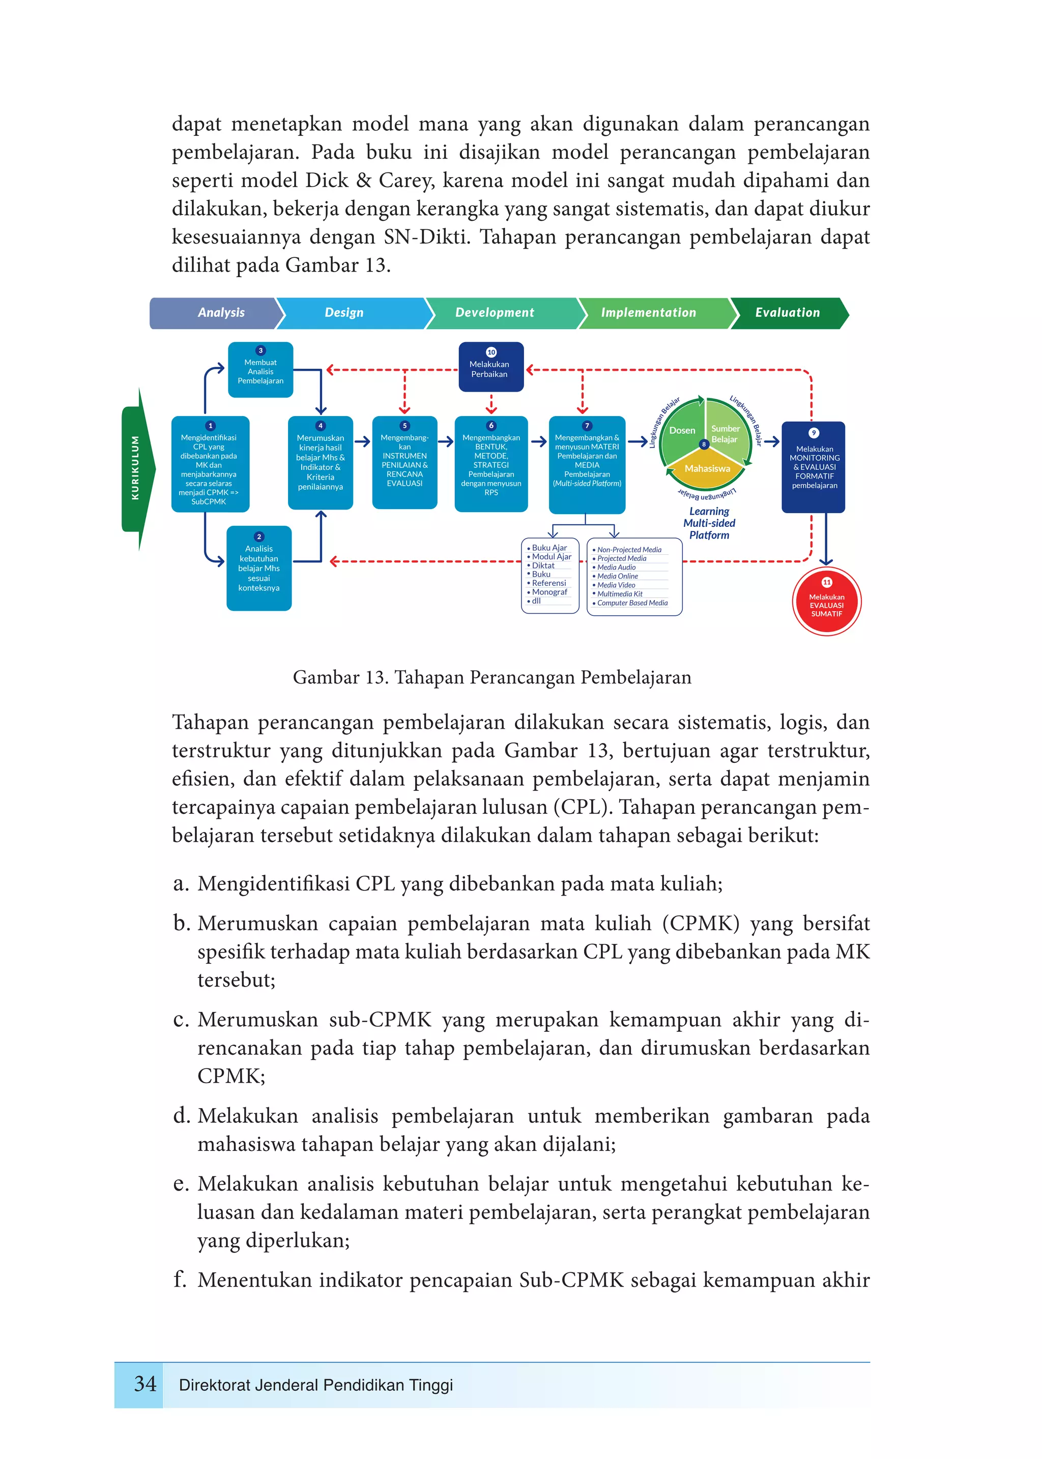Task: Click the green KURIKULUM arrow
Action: (x=137, y=468)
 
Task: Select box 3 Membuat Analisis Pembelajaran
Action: (x=260, y=370)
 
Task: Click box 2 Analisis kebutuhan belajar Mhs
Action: (x=259, y=568)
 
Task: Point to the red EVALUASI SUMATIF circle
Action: (x=826, y=602)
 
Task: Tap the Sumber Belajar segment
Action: (x=726, y=434)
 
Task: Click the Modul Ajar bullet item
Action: (x=551, y=557)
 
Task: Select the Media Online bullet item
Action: (x=617, y=576)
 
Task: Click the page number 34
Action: (x=145, y=1384)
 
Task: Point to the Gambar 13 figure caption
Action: (x=491, y=677)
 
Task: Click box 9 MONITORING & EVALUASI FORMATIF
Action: (x=814, y=467)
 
